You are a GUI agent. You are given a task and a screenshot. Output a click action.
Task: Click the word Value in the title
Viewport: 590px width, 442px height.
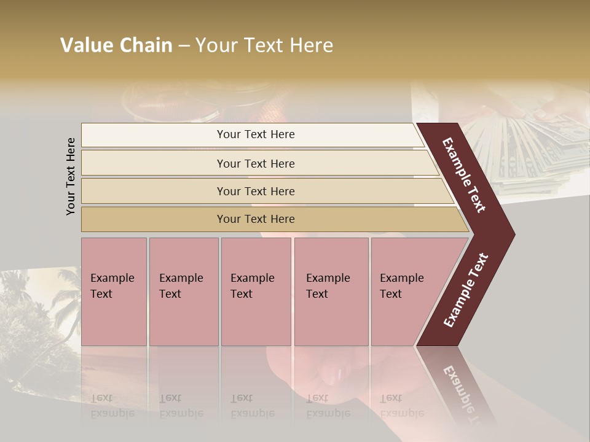click(86, 45)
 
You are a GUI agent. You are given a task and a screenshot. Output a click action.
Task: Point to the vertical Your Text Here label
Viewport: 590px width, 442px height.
click(71, 176)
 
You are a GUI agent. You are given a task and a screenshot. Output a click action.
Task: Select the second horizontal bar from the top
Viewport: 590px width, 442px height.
click(255, 163)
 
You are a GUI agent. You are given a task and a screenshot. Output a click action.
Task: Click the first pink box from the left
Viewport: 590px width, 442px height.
click(114, 292)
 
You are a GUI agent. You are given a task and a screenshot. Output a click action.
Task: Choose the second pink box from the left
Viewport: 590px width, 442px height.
click(183, 292)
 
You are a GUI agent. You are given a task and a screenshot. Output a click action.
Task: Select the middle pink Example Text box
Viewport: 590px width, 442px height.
click(256, 292)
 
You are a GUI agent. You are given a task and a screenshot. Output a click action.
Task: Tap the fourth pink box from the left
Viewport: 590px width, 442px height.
click(331, 292)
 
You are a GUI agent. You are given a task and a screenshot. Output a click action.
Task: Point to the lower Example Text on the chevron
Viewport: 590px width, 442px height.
click(466, 290)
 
